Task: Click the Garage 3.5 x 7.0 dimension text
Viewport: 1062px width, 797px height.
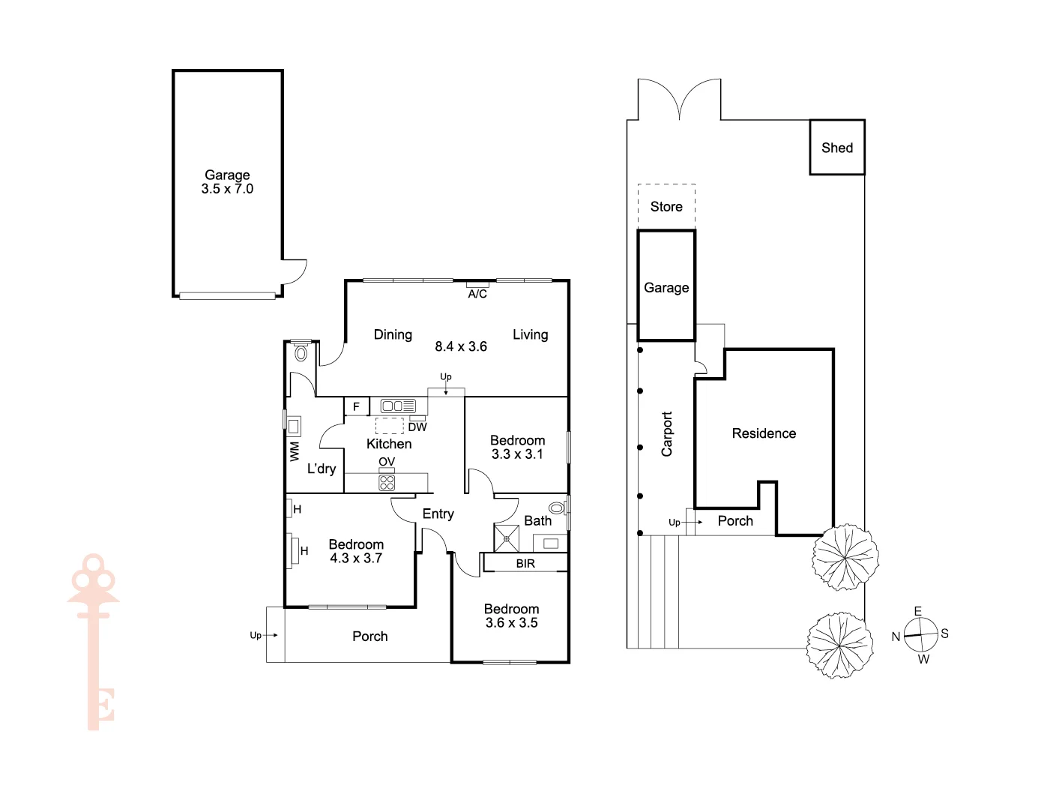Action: point(227,189)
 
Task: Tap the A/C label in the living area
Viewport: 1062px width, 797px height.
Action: point(477,294)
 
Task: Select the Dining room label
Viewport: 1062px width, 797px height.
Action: point(393,334)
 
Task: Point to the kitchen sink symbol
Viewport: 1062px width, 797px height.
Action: point(398,406)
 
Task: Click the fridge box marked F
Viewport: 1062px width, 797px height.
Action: point(357,406)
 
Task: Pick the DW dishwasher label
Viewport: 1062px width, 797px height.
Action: point(417,427)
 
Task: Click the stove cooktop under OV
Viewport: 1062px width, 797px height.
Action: point(387,482)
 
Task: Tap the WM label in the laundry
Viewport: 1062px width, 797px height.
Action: point(295,451)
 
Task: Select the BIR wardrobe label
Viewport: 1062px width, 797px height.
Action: point(525,563)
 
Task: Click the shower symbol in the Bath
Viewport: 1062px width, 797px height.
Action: point(507,538)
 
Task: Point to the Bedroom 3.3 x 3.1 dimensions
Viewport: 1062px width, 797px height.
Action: point(517,454)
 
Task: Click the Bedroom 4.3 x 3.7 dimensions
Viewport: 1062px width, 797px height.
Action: point(356,559)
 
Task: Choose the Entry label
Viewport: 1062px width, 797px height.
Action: point(438,514)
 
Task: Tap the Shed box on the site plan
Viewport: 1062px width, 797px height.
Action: point(837,148)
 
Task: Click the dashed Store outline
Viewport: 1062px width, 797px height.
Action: point(666,206)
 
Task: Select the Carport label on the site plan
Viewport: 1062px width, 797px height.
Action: point(667,434)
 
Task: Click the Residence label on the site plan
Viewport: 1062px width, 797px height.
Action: point(764,433)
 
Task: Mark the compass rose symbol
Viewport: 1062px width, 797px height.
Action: point(920,634)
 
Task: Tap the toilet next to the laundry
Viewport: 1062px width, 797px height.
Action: point(301,352)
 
